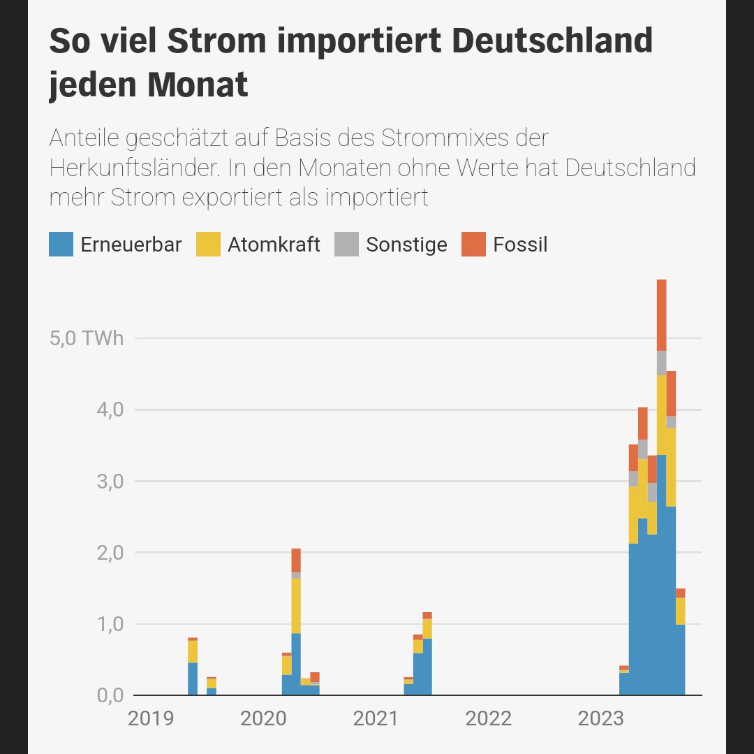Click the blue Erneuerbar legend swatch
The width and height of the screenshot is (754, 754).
[x=61, y=245]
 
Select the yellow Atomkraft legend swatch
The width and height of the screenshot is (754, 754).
[x=208, y=245]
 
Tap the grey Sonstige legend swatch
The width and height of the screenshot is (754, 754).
[x=346, y=245]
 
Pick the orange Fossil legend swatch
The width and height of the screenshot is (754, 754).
[x=473, y=245]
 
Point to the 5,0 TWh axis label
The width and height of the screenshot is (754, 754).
[x=87, y=339]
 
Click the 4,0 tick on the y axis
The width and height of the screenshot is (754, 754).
[x=110, y=409]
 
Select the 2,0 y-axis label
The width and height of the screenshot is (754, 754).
[x=110, y=553]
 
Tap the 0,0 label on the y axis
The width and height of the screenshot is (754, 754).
[x=110, y=695]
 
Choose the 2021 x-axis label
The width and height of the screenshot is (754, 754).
[x=376, y=718]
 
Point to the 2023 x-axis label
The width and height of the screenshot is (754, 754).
[x=600, y=718]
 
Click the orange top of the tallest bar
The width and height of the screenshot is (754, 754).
[x=661, y=314]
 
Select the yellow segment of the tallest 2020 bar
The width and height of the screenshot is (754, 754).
[x=296, y=605]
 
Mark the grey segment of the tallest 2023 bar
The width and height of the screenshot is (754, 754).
[x=661, y=363]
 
